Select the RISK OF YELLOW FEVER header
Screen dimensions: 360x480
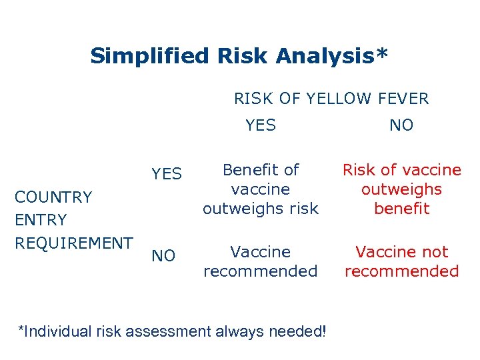pyautogui.click(x=331, y=99)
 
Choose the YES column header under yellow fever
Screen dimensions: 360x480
pyautogui.click(x=261, y=125)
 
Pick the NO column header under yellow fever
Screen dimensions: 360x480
pyautogui.click(x=401, y=125)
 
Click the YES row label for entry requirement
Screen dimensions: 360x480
pyautogui.click(x=166, y=174)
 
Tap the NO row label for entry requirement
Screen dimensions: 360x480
pyautogui.click(x=163, y=256)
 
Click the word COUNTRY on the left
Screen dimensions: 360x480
pyautogui.click(x=53, y=197)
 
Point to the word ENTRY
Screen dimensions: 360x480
pyautogui.click(x=41, y=220)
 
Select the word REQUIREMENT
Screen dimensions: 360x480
pyautogui.click(x=74, y=243)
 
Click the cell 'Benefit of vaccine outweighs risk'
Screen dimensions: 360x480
pyautogui.click(x=261, y=189)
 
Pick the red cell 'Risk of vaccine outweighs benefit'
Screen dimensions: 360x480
pyautogui.click(x=401, y=189)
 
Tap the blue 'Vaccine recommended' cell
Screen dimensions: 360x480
pyautogui.click(x=261, y=261)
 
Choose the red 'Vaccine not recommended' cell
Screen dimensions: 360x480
pyautogui.click(x=401, y=261)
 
